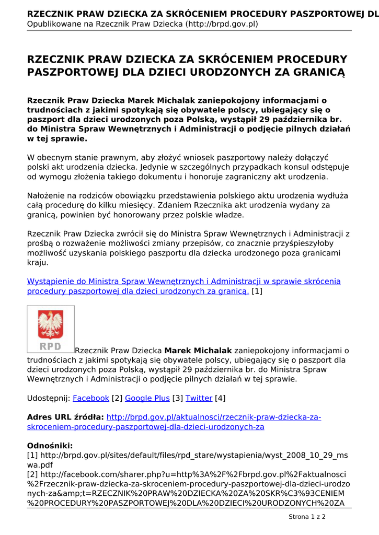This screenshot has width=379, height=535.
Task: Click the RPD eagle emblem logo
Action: click(x=51, y=329)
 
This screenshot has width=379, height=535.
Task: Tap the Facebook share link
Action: click(x=91, y=398)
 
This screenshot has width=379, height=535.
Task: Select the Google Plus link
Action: click(x=147, y=398)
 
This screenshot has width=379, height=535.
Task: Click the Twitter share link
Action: click(x=199, y=398)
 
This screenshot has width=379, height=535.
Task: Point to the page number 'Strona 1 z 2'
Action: click(x=307, y=517)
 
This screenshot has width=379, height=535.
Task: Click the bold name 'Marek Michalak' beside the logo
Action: click(x=198, y=350)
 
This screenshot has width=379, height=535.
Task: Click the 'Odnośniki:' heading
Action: click(x=50, y=446)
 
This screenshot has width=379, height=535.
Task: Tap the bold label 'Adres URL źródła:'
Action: click(x=65, y=417)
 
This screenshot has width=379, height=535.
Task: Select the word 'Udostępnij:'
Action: click(x=49, y=398)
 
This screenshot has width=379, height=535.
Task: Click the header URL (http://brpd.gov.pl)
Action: click(x=222, y=24)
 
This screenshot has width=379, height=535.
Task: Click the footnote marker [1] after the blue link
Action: click(x=257, y=291)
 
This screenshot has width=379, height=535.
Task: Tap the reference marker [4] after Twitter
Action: click(x=220, y=398)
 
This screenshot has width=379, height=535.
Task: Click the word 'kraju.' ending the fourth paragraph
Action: click(x=38, y=262)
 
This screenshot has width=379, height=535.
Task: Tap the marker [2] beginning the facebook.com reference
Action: click(x=32, y=474)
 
